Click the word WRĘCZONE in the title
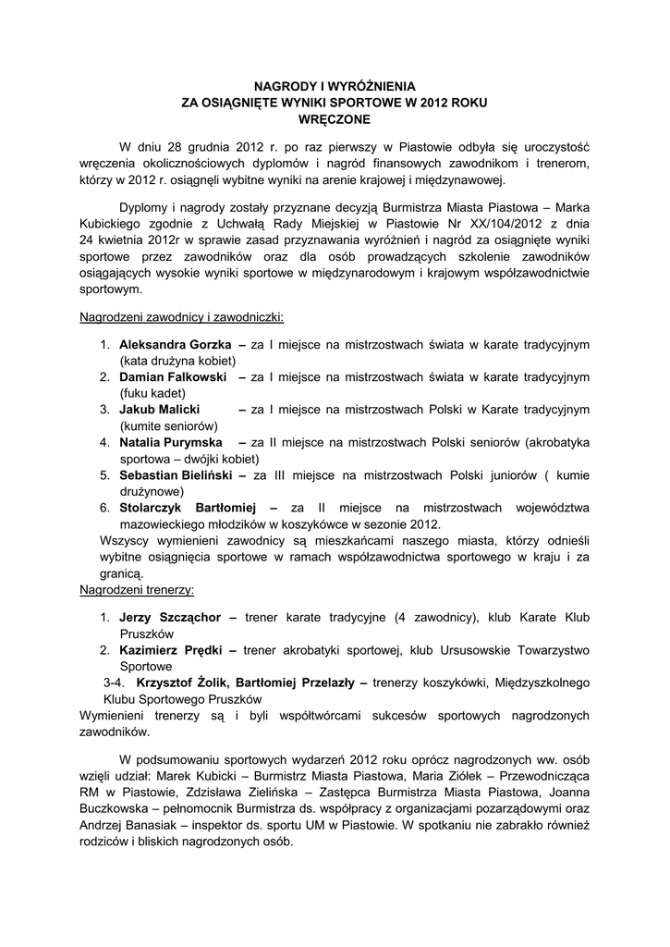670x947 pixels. point(335,119)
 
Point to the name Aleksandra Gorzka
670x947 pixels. point(175,344)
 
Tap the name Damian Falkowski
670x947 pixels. point(173,377)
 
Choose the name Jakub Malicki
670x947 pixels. point(160,410)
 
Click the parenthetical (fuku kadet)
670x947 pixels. point(152,393)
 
